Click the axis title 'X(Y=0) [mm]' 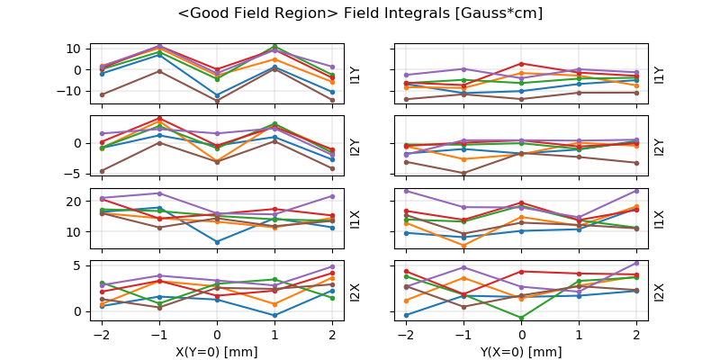pyautogui.click(x=217, y=352)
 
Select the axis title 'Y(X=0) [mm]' pyautogui.click(x=522, y=352)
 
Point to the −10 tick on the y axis pyautogui.click(x=68, y=91)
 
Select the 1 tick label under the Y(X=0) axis pyautogui.click(x=580, y=335)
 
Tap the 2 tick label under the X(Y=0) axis pyautogui.click(x=332, y=335)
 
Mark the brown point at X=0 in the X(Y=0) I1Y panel pyautogui.click(x=217, y=101)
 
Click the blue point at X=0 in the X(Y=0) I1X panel pyautogui.click(x=217, y=242)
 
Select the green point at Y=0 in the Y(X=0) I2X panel pyautogui.click(x=522, y=318)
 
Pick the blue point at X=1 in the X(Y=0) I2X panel pyautogui.click(x=274, y=315)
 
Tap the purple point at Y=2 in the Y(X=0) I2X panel pyautogui.click(x=637, y=263)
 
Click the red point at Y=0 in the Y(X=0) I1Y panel pyautogui.click(x=522, y=64)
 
